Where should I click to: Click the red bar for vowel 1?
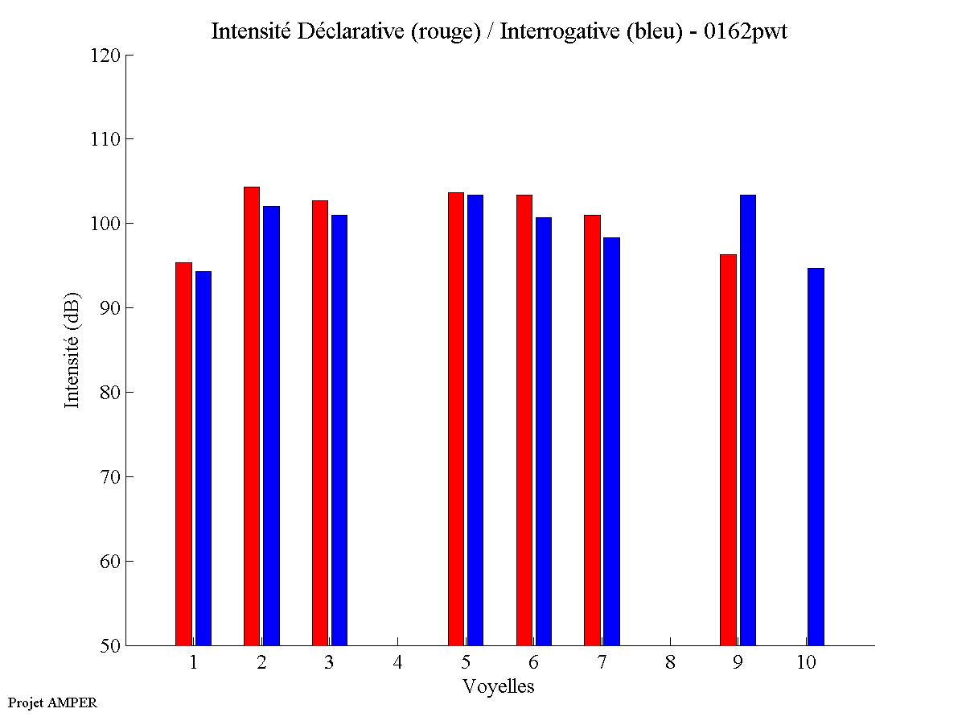pos(183,454)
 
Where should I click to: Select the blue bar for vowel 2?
pos(271,426)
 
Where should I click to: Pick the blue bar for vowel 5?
pos(475,420)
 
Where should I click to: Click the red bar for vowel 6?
pos(524,420)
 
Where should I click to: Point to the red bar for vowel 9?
pos(728,450)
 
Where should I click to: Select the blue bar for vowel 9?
pos(748,420)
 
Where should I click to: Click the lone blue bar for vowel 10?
pos(816,456)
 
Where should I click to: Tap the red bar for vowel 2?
pos(252,416)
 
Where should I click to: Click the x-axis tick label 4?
pos(397,663)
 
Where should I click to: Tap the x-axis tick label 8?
pos(670,663)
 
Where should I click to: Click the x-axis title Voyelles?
pos(498,686)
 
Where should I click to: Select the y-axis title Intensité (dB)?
pos(72,349)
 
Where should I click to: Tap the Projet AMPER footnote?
pos(52,702)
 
